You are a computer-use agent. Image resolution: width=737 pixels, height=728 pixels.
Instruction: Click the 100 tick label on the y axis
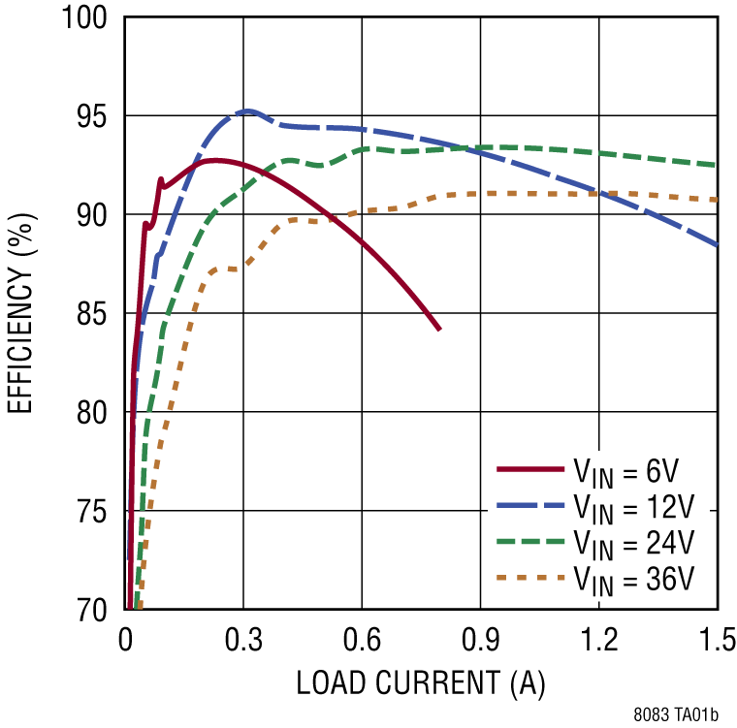[x=86, y=17]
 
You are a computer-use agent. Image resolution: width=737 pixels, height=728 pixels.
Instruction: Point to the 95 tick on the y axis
[x=94, y=116]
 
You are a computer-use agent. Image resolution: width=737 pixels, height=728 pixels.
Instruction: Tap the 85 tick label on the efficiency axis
[x=94, y=314]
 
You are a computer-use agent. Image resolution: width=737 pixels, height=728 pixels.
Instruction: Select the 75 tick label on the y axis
[x=94, y=512]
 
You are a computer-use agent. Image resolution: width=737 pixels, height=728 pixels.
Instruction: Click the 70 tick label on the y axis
[x=94, y=610]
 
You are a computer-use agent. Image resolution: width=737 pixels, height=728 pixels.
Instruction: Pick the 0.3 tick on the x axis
[x=243, y=641]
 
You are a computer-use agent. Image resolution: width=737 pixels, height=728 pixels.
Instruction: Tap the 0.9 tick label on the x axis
[x=480, y=641]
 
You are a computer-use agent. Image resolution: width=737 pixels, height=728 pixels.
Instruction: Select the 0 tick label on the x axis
[x=125, y=641]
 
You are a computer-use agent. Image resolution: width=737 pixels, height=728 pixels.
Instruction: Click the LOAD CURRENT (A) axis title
[x=421, y=683]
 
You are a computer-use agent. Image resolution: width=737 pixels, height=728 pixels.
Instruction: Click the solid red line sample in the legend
[x=530, y=469]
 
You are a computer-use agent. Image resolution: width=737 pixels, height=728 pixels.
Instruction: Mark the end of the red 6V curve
[x=439, y=330]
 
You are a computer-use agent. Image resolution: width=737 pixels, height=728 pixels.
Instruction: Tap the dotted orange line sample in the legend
[x=530, y=578]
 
